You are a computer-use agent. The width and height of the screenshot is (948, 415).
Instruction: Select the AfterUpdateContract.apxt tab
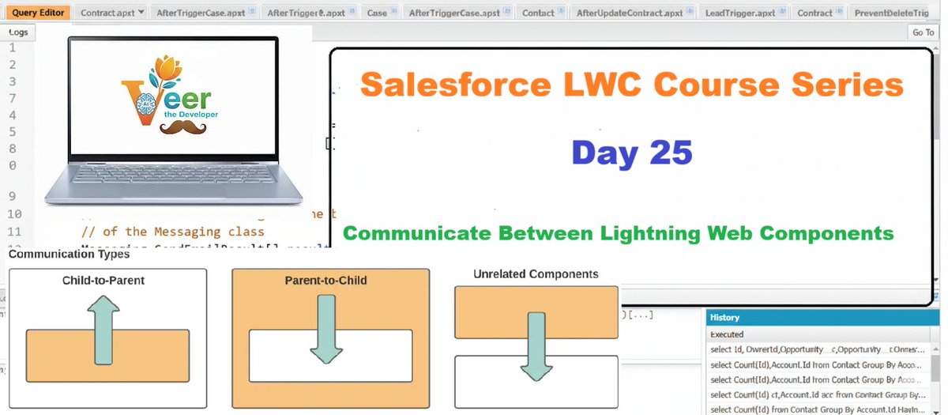(629, 13)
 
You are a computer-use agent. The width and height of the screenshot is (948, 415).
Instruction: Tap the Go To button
(923, 32)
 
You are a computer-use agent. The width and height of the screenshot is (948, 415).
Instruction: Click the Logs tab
(17, 32)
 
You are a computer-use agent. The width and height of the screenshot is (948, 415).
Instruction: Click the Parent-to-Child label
(330, 281)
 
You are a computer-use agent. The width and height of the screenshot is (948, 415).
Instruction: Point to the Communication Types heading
(69, 255)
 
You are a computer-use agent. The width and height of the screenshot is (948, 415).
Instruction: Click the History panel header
(822, 318)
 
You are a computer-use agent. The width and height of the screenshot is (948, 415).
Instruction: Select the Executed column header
(727, 334)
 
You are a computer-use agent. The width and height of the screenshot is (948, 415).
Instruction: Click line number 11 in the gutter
(13, 232)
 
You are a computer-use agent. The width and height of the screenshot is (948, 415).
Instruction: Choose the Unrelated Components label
(536, 274)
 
